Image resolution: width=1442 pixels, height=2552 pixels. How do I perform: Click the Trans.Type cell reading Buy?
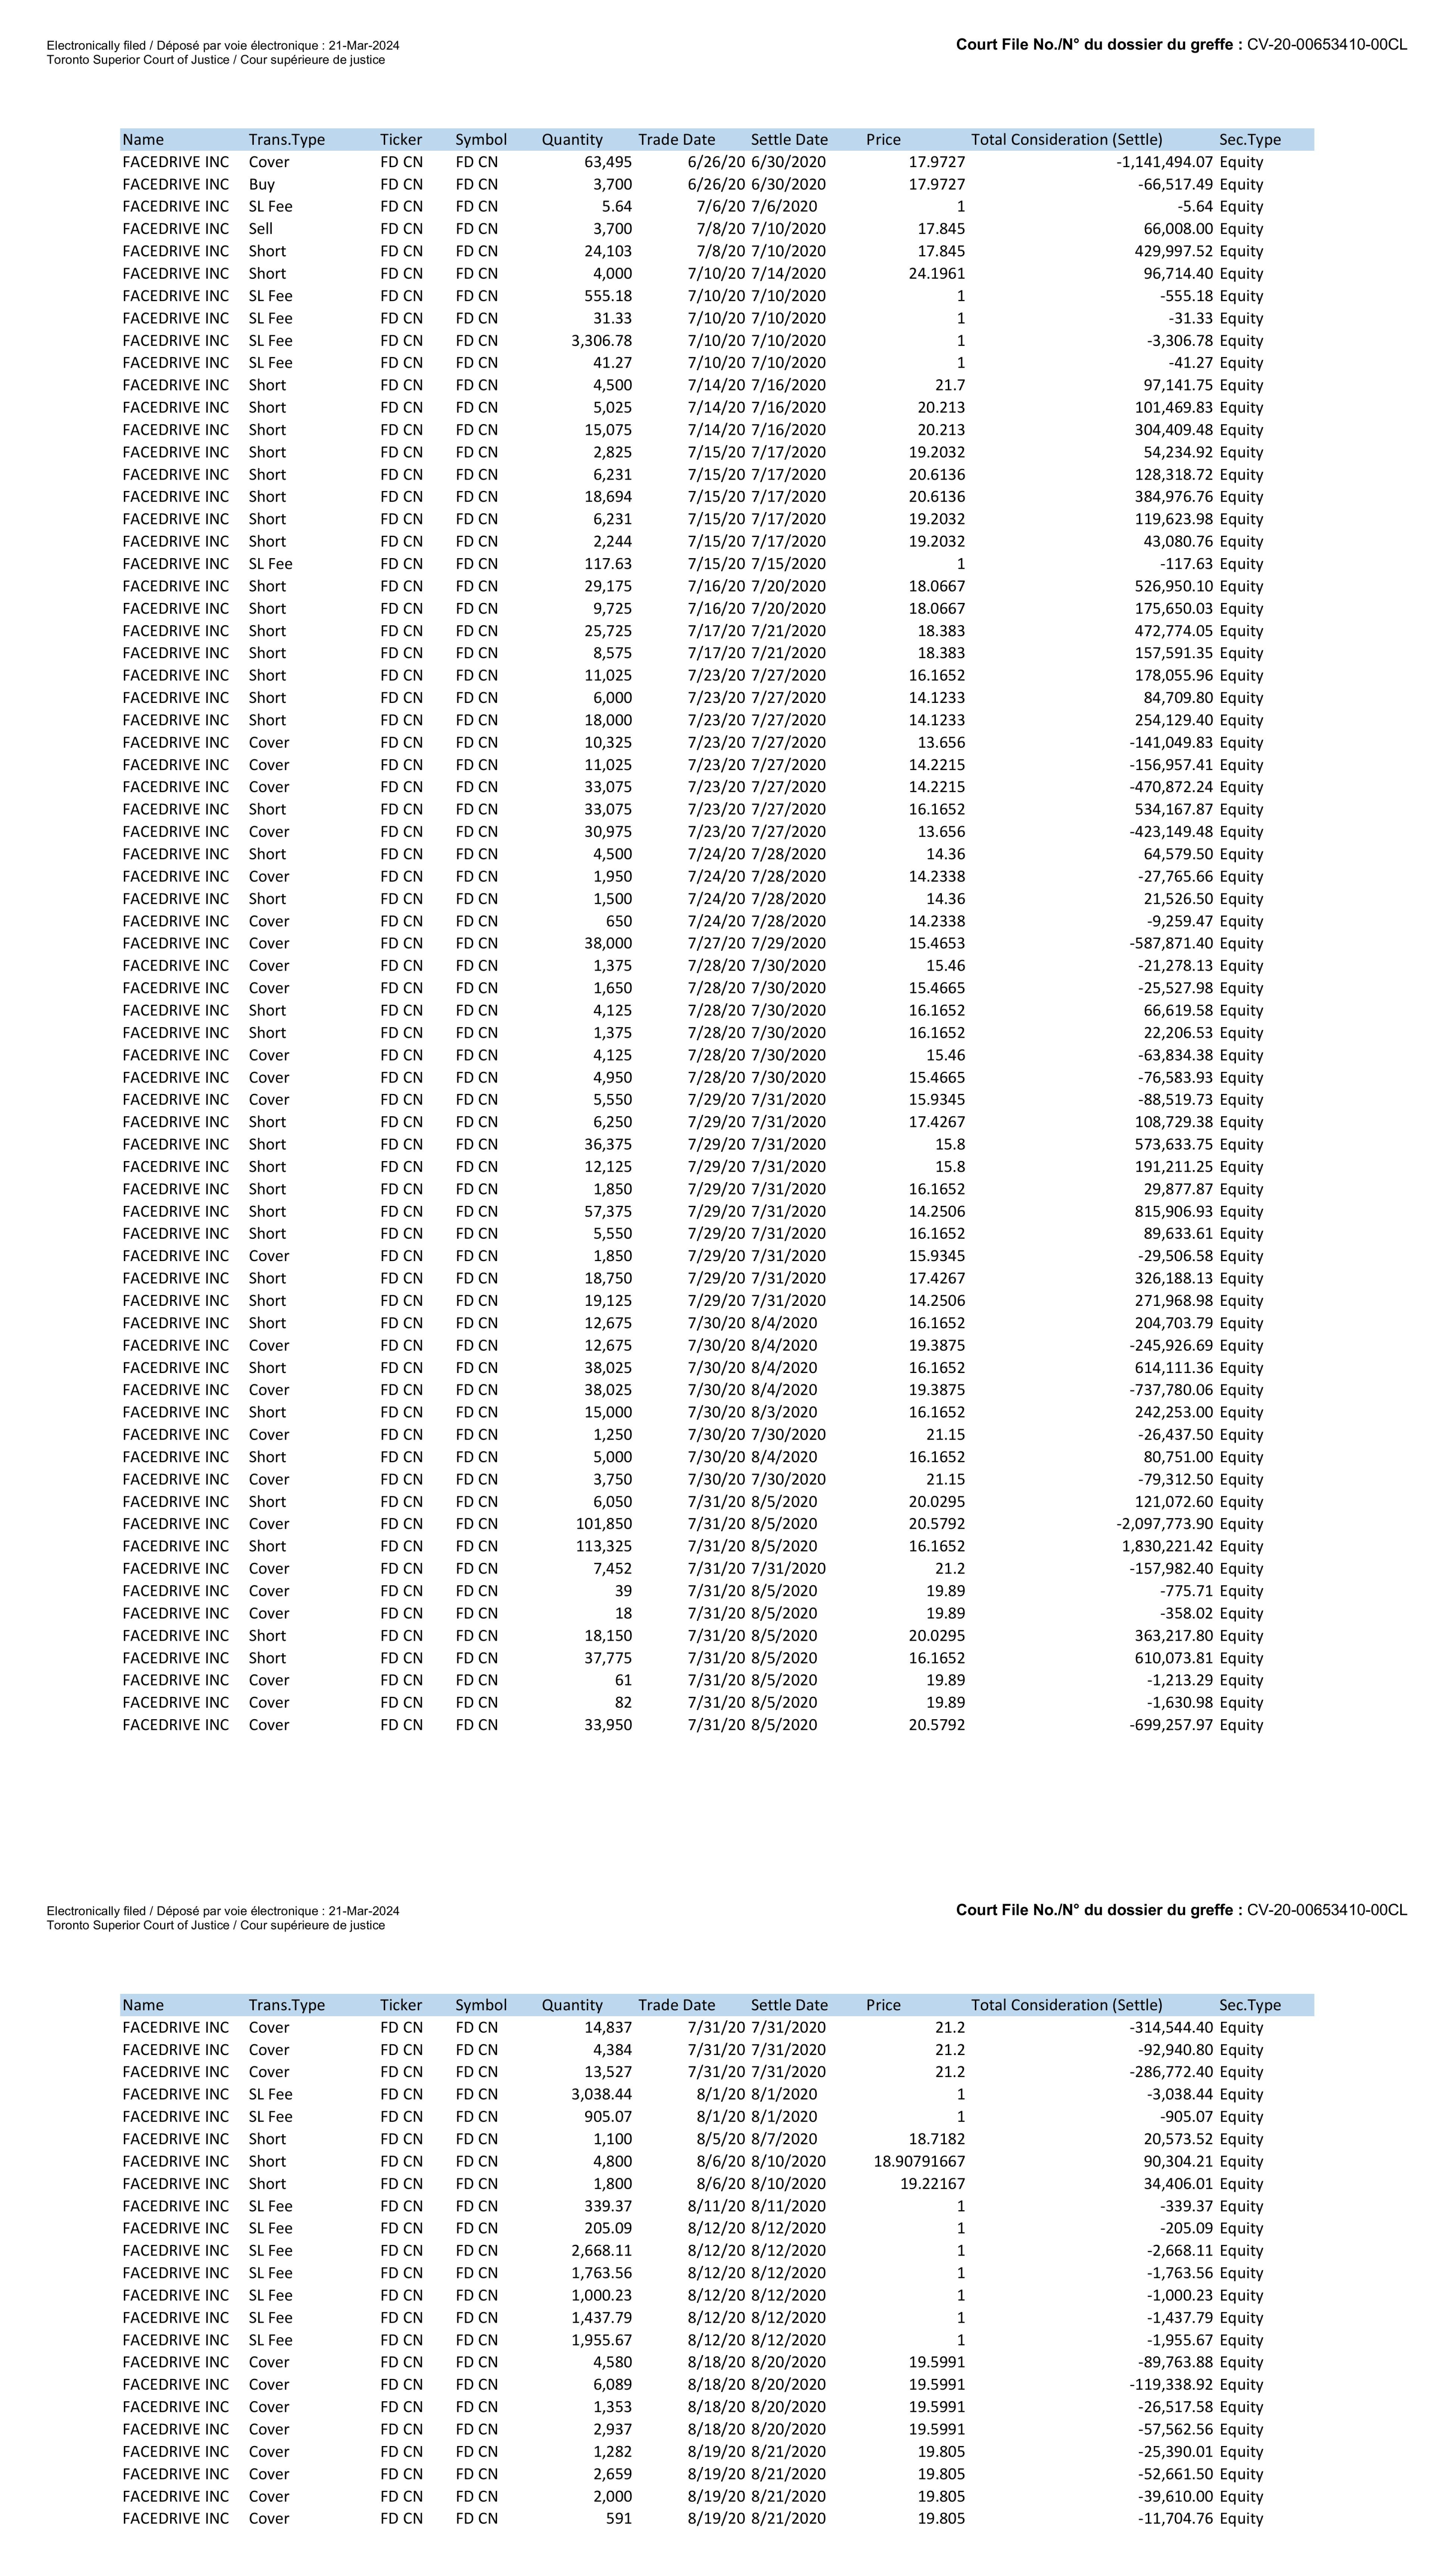(262, 184)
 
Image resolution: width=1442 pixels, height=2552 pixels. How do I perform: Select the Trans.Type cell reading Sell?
(261, 229)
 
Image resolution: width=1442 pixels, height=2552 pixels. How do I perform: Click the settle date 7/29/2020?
(788, 943)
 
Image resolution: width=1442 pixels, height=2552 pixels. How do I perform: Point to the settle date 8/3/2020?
(784, 1413)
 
